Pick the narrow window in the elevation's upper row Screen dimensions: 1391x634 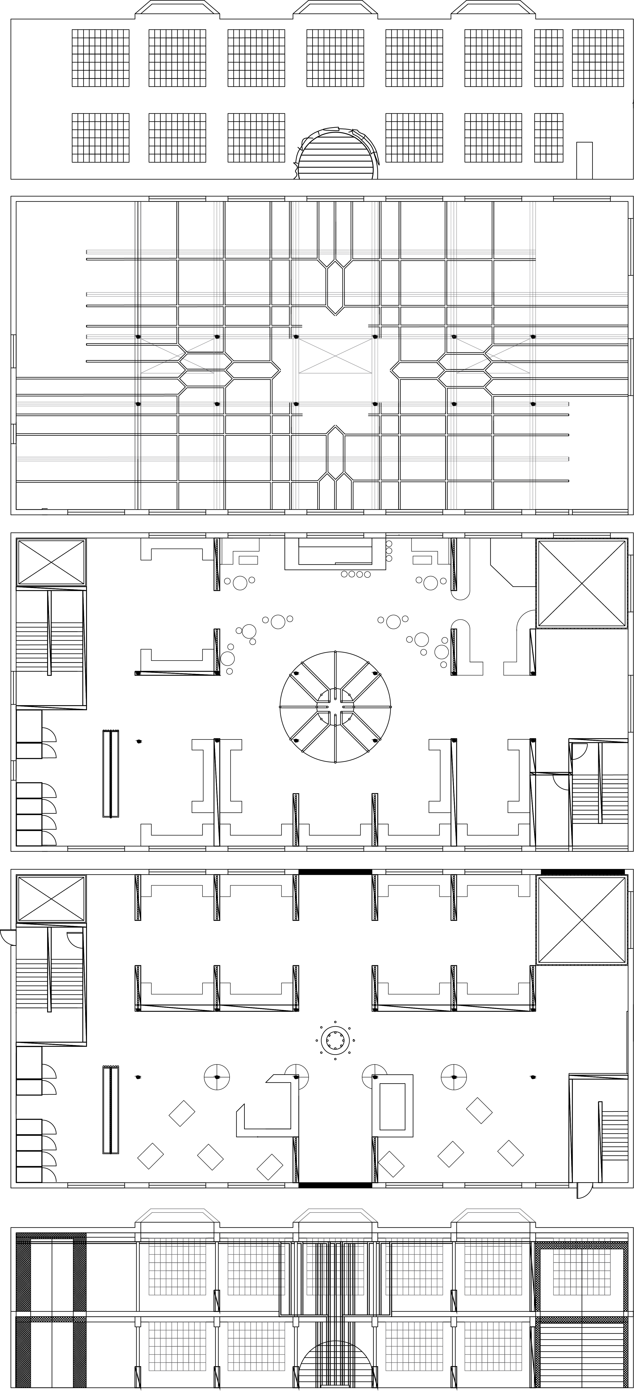(x=549, y=58)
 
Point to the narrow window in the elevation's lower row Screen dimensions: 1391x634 (x=549, y=138)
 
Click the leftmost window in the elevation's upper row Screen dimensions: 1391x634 (x=100, y=58)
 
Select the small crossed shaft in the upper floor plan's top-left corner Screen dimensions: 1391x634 (x=51, y=562)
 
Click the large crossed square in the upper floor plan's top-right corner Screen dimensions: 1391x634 (x=582, y=584)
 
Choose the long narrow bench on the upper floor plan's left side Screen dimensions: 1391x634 (x=111, y=773)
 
